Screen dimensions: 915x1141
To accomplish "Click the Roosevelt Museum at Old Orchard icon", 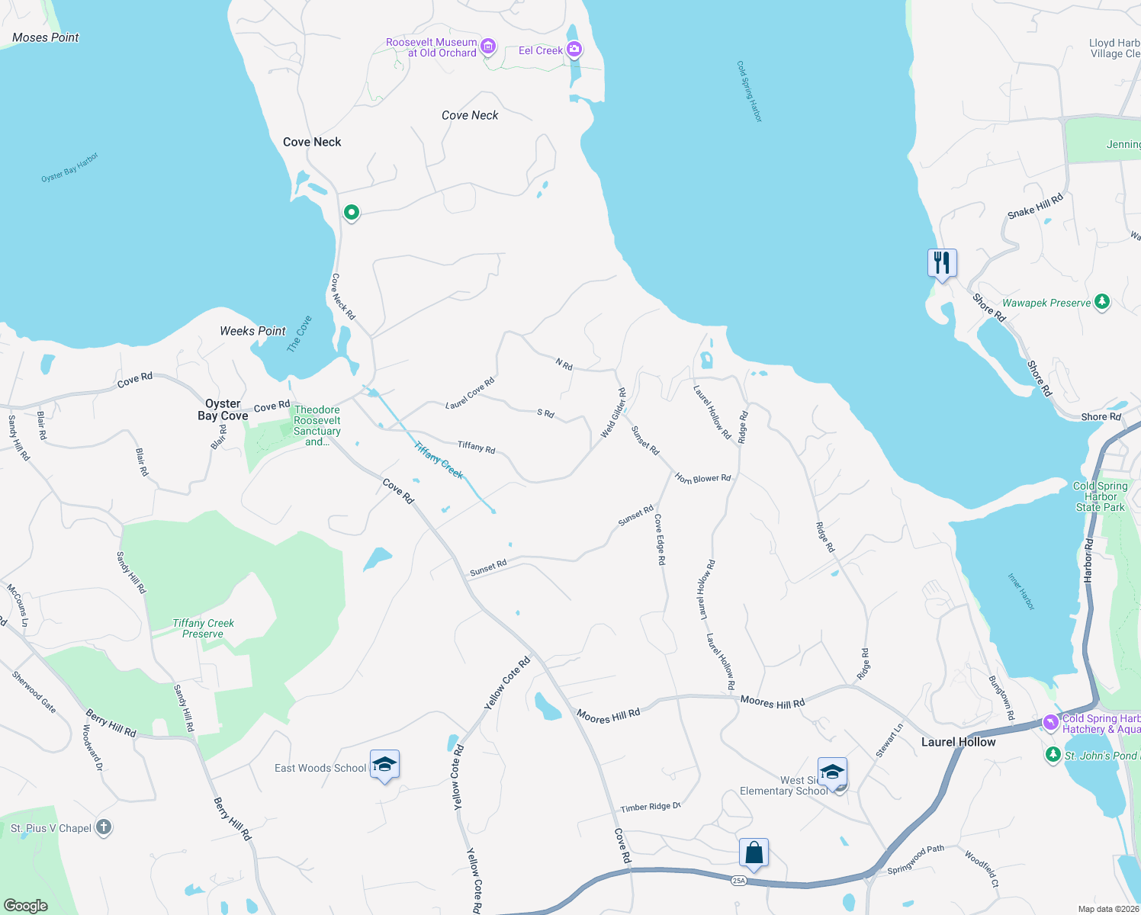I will (488, 47).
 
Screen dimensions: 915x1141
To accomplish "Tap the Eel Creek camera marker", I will (574, 50).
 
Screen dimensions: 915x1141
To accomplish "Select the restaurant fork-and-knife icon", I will (942, 263).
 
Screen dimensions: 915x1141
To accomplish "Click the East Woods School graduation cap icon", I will (384, 765).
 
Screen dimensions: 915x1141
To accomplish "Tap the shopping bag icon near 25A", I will (754, 852).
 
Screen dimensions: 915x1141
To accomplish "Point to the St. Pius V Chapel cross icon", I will (104, 827).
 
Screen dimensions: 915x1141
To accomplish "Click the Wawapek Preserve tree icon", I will (1101, 302).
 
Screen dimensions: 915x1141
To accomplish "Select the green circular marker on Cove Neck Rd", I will (352, 212).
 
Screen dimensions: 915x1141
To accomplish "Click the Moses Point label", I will (46, 37).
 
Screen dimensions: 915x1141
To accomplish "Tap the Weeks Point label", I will (252, 331).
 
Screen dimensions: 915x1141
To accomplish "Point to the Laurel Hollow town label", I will (958, 742).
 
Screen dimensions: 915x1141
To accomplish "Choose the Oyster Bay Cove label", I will (223, 409).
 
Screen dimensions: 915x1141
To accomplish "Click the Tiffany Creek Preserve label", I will (203, 628).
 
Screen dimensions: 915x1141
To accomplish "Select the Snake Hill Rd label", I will (1035, 207).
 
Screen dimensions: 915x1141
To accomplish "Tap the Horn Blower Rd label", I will (702, 479).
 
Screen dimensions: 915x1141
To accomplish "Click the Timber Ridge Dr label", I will (650, 807).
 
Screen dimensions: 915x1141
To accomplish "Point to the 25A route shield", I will (738, 881).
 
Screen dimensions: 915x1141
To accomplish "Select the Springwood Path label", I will (915, 859).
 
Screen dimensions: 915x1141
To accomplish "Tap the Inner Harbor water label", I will (1021, 592).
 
